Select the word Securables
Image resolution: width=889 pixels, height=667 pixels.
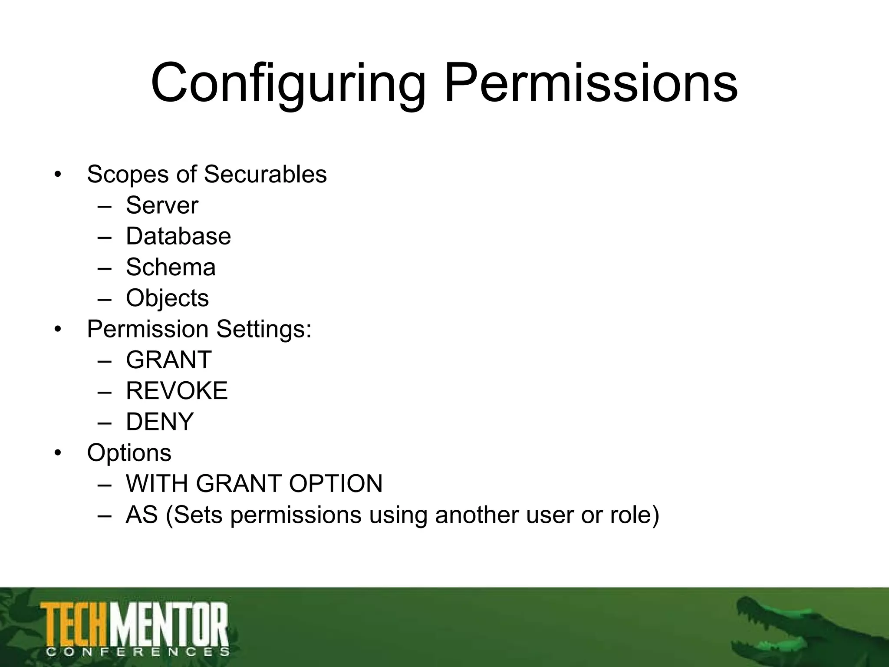[x=265, y=175]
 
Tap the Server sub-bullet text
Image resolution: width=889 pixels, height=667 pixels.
[x=162, y=205]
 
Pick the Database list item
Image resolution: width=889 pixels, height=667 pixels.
[x=178, y=236]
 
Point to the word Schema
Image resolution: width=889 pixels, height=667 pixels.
[x=171, y=267]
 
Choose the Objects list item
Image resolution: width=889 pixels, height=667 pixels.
[x=168, y=298]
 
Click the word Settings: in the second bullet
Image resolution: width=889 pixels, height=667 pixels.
[x=264, y=329]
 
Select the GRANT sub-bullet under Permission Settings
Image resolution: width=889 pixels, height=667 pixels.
[x=169, y=360]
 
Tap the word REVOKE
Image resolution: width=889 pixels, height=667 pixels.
[x=177, y=391]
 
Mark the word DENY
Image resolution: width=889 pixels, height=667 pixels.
[x=160, y=422]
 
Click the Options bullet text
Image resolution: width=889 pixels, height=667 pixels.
[x=129, y=453]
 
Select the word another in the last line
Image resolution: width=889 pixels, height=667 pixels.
[x=477, y=515]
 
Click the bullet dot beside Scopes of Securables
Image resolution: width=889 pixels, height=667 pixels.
[x=58, y=175]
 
